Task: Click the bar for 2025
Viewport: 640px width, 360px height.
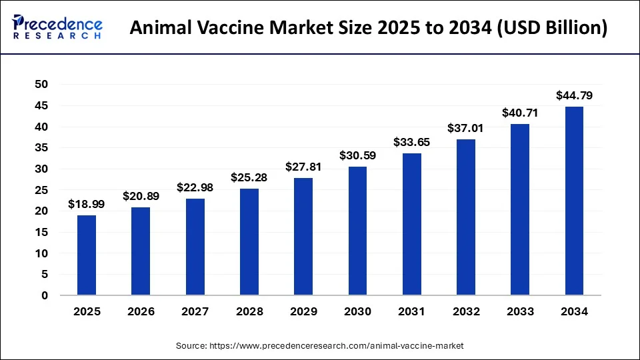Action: coord(86,255)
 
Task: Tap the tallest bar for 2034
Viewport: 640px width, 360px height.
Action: coord(574,201)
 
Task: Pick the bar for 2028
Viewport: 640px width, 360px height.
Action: coord(249,241)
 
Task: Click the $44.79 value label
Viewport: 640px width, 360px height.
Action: coord(574,96)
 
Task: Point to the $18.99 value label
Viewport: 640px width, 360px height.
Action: coord(86,205)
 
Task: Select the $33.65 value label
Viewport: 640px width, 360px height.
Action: coord(411,142)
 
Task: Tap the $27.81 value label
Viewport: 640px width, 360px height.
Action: coord(303,167)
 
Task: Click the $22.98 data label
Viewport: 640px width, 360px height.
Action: coord(195,187)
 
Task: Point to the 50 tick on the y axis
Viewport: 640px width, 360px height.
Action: coord(41,85)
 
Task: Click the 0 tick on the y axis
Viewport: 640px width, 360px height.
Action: coord(45,295)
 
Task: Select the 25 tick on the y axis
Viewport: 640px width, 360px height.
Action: coord(41,190)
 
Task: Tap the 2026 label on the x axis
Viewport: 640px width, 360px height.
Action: coord(141,311)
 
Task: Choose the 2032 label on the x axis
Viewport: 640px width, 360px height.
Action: coord(465,311)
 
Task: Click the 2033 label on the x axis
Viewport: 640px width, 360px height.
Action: coord(520,311)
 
